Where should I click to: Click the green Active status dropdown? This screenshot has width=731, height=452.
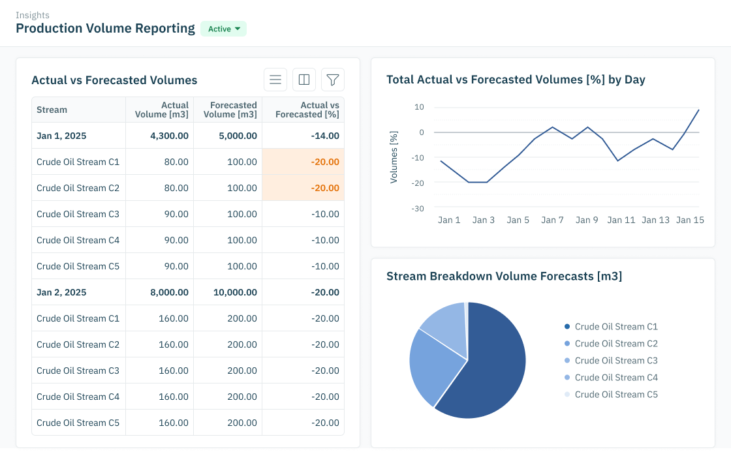pyautogui.click(x=223, y=29)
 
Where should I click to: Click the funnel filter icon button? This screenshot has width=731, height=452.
pyautogui.click(x=333, y=80)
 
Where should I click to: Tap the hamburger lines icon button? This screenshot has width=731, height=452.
pyautogui.click(x=275, y=80)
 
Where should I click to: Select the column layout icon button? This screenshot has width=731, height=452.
pyautogui.click(x=304, y=80)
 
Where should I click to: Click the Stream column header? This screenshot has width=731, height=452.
pyautogui.click(x=52, y=110)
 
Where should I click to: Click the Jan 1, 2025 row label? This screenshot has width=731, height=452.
pyautogui.click(x=61, y=136)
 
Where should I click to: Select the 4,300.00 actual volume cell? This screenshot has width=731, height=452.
pyautogui.click(x=169, y=136)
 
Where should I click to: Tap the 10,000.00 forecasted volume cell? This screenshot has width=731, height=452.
pyautogui.click(x=235, y=292)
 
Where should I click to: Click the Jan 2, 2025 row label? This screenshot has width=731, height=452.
pyautogui.click(x=61, y=292)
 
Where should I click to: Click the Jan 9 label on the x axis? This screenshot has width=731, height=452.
pyautogui.click(x=587, y=220)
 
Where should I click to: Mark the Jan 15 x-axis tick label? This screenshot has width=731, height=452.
pyautogui.click(x=690, y=220)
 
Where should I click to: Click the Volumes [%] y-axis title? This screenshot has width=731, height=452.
pyautogui.click(x=394, y=157)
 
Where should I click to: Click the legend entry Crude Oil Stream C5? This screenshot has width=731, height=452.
pyautogui.click(x=615, y=395)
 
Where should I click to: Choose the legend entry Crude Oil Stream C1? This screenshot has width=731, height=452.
pyautogui.click(x=615, y=327)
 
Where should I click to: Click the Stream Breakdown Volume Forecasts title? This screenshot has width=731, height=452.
pyautogui.click(x=504, y=277)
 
